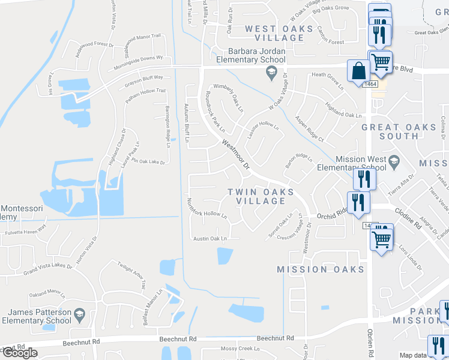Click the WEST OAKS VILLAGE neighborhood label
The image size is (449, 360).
tap(279, 33)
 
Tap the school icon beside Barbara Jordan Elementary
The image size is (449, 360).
tap(270, 73)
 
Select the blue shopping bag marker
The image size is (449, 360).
tap(358, 70)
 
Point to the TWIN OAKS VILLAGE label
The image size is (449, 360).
tap(261, 196)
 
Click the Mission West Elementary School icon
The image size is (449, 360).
tap(394, 160)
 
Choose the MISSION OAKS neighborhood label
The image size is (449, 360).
tap(321, 269)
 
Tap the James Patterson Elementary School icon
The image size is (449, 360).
tap(79, 313)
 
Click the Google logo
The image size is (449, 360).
tap(20, 353)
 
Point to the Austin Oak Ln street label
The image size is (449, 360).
tap(210, 239)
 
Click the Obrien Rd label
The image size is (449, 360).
tap(371, 342)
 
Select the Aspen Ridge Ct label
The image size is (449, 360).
tap(309, 132)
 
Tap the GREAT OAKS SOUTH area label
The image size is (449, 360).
tap(390, 131)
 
